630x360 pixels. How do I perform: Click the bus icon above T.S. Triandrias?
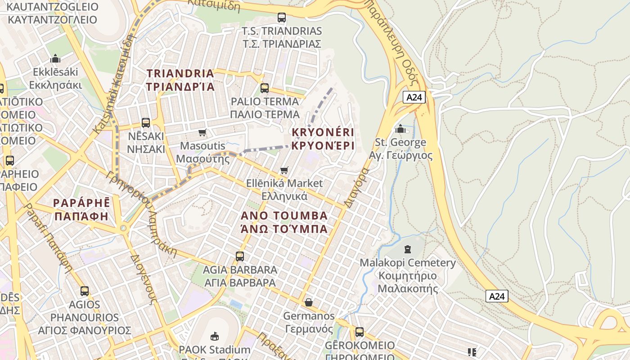click(282, 18)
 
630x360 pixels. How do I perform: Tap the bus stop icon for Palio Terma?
click(265, 88)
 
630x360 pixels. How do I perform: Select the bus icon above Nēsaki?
click(146, 122)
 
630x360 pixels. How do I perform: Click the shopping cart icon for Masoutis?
click(202, 132)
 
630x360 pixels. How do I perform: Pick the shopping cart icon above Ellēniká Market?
click(284, 170)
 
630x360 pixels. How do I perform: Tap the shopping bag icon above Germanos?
click(309, 302)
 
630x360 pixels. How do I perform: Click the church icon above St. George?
click(400, 129)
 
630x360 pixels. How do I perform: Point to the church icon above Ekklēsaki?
click(55, 58)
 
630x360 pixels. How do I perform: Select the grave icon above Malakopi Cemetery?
click(408, 249)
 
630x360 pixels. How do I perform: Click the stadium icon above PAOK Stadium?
click(214, 336)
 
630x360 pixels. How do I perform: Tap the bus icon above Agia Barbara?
click(240, 256)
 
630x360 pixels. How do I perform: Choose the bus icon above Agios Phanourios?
click(85, 291)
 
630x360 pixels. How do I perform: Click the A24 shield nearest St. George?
click(414, 97)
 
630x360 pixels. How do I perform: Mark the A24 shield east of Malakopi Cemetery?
click(497, 296)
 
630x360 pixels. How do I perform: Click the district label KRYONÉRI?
click(323, 139)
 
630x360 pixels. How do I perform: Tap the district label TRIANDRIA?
click(180, 80)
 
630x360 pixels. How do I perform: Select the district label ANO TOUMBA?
click(284, 222)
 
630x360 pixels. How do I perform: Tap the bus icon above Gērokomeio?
click(359, 332)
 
